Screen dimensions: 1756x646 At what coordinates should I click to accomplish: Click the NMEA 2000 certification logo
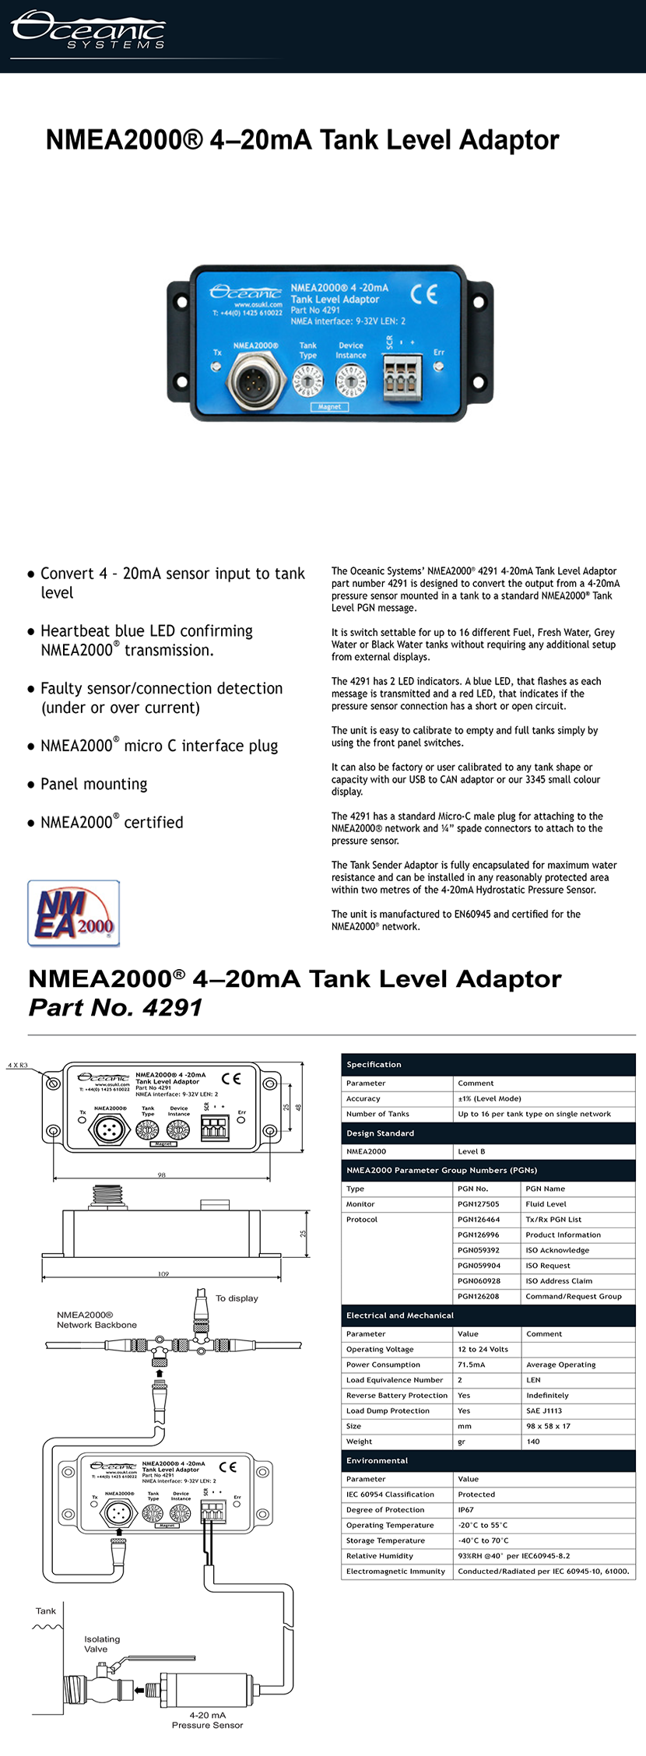(74, 913)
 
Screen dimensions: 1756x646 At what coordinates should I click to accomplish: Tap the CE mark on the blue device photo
(424, 293)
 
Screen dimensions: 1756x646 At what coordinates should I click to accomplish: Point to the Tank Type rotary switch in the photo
(309, 381)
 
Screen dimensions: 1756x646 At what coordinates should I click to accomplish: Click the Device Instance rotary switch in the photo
(350, 381)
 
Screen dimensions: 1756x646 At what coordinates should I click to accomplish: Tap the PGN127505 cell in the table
(479, 1204)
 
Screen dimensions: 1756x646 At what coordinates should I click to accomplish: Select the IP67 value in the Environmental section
(465, 1509)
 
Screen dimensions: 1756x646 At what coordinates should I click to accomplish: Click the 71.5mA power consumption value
(471, 1364)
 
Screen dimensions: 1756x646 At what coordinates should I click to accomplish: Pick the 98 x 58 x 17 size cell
(548, 1426)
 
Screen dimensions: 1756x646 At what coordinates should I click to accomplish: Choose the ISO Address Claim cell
(559, 1280)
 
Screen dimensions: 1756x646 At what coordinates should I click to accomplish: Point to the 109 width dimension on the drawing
(163, 1274)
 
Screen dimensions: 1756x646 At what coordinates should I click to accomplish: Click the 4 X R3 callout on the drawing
(18, 1066)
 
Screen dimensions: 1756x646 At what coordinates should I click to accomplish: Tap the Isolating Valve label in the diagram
(102, 1644)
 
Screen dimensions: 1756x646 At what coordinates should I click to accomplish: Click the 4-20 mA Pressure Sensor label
(207, 1719)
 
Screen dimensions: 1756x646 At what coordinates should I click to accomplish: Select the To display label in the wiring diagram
(237, 1298)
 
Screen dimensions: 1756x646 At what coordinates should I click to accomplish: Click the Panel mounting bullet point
(93, 784)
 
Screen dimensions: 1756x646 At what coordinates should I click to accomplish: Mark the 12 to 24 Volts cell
(483, 1349)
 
